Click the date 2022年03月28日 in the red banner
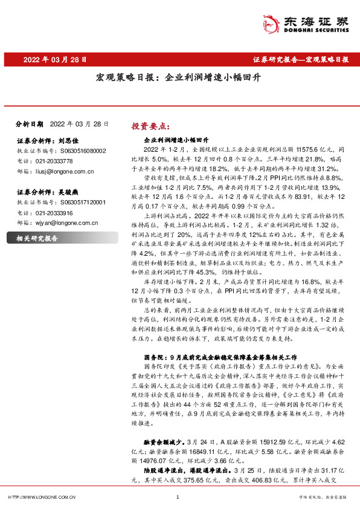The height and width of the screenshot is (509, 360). [55, 60]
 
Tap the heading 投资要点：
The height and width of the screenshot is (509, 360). [149, 126]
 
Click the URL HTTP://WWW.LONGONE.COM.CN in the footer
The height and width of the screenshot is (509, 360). [40, 498]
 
